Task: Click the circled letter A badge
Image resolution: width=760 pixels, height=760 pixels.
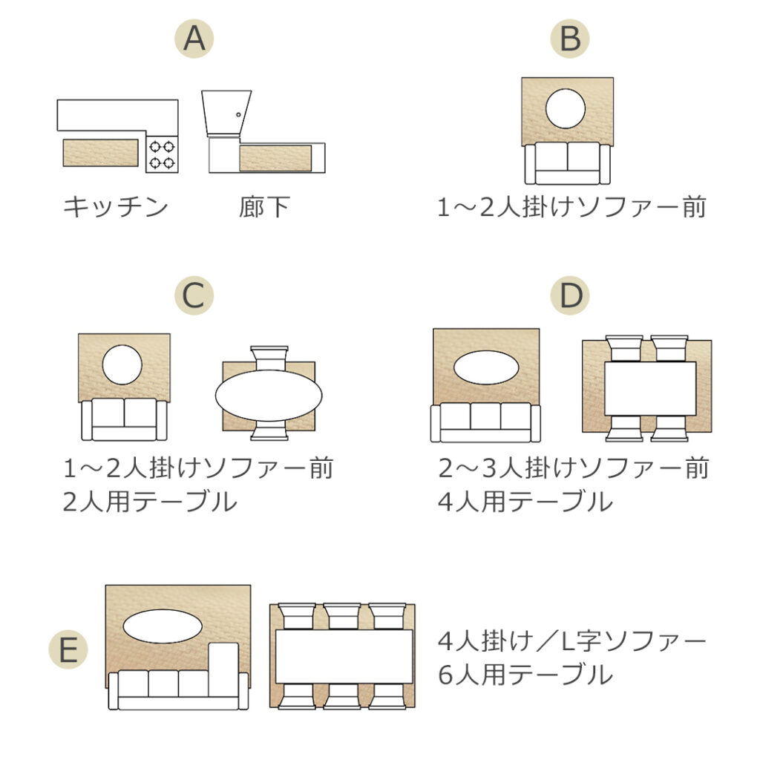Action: tap(194, 39)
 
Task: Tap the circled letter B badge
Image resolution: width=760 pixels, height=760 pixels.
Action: tap(570, 39)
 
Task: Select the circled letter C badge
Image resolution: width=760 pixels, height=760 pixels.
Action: tap(194, 295)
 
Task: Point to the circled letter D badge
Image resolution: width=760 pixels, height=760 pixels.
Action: tap(570, 295)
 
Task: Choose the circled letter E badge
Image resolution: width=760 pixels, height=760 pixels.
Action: tap(68, 649)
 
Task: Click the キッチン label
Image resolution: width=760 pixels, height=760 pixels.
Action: tap(116, 207)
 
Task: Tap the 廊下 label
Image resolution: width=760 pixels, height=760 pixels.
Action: tap(264, 207)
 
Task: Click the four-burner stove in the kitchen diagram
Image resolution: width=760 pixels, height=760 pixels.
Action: tap(162, 154)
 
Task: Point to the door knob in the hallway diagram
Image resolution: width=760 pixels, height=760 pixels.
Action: tap(238, 115)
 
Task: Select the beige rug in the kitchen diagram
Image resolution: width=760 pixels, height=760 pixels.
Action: tap(101, 153)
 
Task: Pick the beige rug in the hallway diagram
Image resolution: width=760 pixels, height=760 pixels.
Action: tap(275, 158)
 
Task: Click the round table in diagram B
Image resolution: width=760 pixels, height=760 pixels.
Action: tap(566, 108)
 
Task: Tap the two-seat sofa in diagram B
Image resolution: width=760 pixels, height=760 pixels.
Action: tap(567, 164)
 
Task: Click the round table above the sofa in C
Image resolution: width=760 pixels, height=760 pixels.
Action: tap(122, 365)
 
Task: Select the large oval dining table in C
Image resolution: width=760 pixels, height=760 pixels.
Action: tap(269, 396)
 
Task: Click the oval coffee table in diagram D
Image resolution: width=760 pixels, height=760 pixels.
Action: tap(486, 368)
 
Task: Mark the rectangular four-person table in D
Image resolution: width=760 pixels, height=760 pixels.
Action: tap(650, 389)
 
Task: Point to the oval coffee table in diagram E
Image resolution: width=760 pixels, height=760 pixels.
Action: tap(163, 626)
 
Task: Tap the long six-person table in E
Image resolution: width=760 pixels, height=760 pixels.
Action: tap(344, 657)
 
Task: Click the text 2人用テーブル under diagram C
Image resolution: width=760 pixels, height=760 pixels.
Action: tap(150, 502)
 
